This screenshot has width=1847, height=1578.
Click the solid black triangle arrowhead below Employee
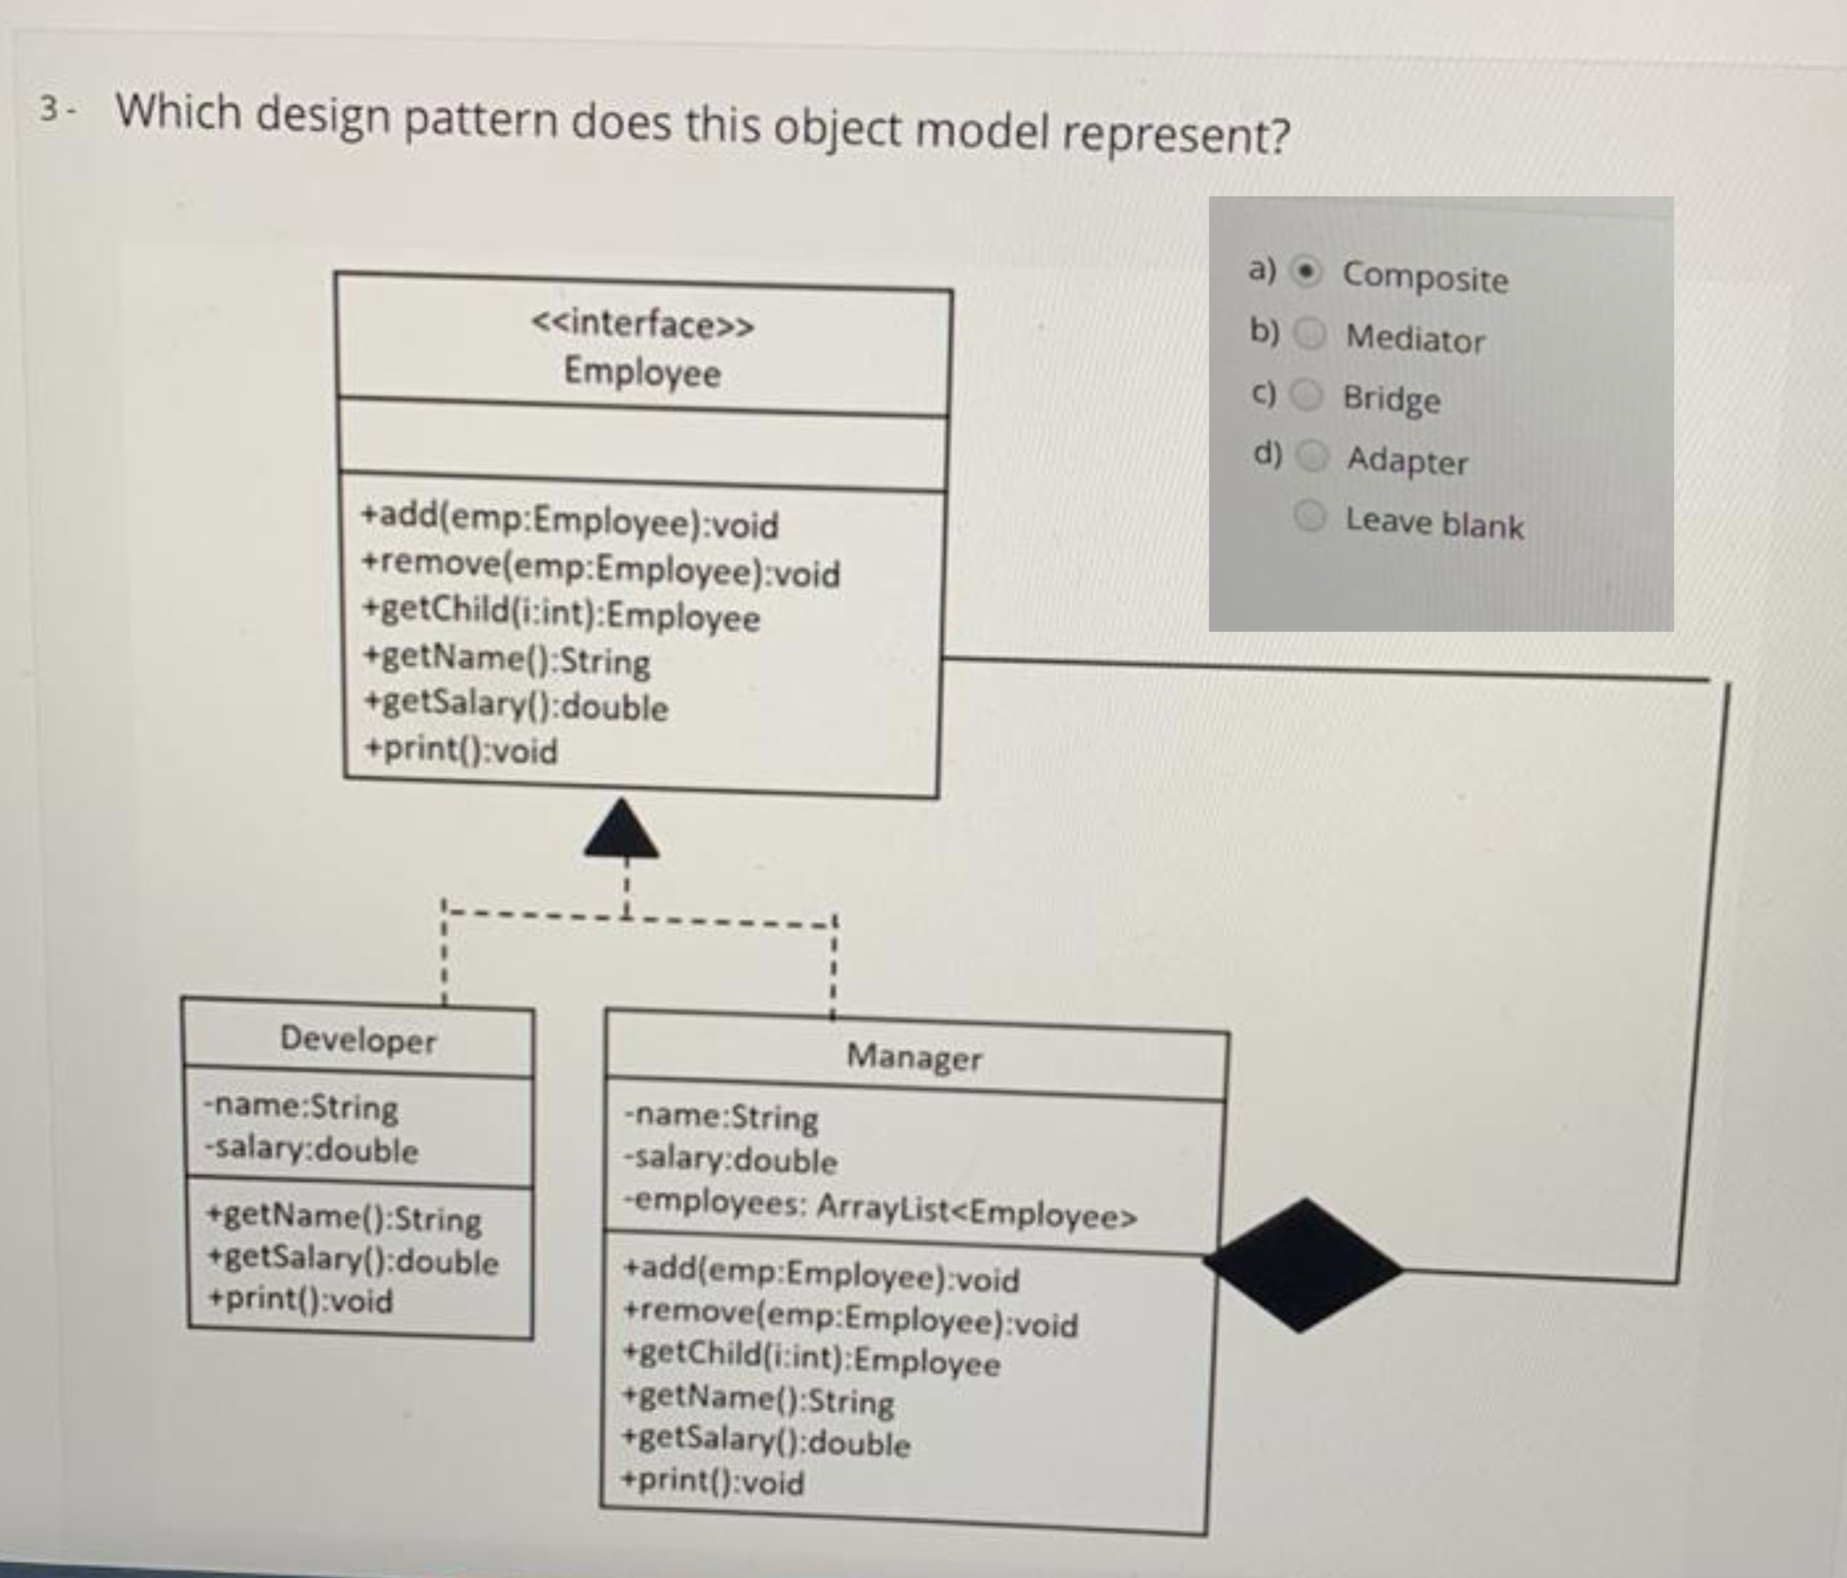(622, 830)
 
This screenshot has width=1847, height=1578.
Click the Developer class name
(358, 1039)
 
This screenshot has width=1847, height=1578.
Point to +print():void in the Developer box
(299, 1300)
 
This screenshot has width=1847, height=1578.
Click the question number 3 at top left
(51, 108)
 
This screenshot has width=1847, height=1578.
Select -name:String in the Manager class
(721, 1117)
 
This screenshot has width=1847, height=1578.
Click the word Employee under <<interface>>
(642, 371)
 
